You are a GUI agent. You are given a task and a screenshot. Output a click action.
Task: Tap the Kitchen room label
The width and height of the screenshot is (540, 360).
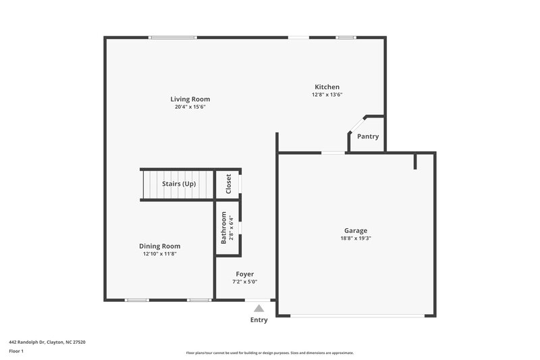pos(327,86)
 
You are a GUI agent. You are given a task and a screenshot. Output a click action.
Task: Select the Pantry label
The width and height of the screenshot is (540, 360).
pos(368,136)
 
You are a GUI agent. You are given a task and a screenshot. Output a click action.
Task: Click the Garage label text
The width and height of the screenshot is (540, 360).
pos(356,230)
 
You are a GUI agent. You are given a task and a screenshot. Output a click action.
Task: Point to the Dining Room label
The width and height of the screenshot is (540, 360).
pos(160,246)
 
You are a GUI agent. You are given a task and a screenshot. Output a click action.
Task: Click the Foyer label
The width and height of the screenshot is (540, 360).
pos(244,274)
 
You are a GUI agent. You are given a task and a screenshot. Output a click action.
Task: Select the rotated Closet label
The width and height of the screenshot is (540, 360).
pos(228,184)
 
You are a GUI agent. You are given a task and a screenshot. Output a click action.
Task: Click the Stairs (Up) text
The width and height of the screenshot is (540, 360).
pos(179,184)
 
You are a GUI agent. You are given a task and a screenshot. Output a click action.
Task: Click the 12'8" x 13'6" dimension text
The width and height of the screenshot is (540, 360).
pos(327,95)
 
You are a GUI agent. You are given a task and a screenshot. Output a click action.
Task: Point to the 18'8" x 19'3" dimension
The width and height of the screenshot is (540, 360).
pos(356,238)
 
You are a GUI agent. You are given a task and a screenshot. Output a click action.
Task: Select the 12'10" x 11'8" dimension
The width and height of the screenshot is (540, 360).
pos(160,254)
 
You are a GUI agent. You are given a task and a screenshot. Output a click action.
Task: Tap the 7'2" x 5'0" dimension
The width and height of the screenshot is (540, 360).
pos(244,282)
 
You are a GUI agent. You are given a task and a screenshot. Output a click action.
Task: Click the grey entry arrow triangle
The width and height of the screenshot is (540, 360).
pos(259,308)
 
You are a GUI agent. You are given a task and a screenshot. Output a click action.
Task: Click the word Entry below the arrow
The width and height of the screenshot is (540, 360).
pos(259,319)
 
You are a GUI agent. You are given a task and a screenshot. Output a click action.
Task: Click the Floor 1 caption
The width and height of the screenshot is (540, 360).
pos(16,351)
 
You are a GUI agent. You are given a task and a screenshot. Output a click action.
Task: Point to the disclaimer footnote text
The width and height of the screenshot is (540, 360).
pos(269,353)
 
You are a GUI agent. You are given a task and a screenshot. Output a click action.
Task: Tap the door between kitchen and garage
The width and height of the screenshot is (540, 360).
pos(332,153)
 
